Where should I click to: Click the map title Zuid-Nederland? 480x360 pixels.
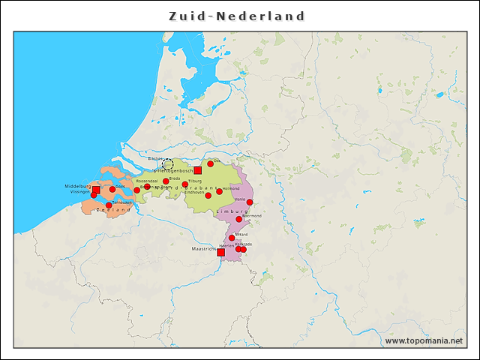(236, 16)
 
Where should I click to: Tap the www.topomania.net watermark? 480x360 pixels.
(423, 340)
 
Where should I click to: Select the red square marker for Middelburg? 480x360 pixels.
(96, 190)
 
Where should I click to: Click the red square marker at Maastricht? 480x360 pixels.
(220, 253)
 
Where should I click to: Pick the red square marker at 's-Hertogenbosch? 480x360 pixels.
(198, 170)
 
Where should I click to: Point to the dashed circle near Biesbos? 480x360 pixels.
(168, 164)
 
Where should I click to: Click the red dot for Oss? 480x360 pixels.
(211, 164)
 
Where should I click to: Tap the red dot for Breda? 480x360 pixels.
(166, 181)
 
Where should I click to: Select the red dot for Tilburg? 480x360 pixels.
(185, 184)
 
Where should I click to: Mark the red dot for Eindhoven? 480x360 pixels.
(208, 195)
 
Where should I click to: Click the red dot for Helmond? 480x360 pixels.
(219, 191)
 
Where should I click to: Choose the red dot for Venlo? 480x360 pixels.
(250, 202)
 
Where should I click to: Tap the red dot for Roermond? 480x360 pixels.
(239, 219)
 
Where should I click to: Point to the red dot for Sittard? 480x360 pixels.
(232, 238)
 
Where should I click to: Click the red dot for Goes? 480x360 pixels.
(112, 189)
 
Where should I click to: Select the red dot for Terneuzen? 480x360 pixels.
(109, 205)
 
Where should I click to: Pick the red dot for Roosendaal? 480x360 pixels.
(147, 186)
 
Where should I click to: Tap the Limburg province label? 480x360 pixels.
(231, 212)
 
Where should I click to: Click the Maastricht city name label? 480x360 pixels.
(203, 248)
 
